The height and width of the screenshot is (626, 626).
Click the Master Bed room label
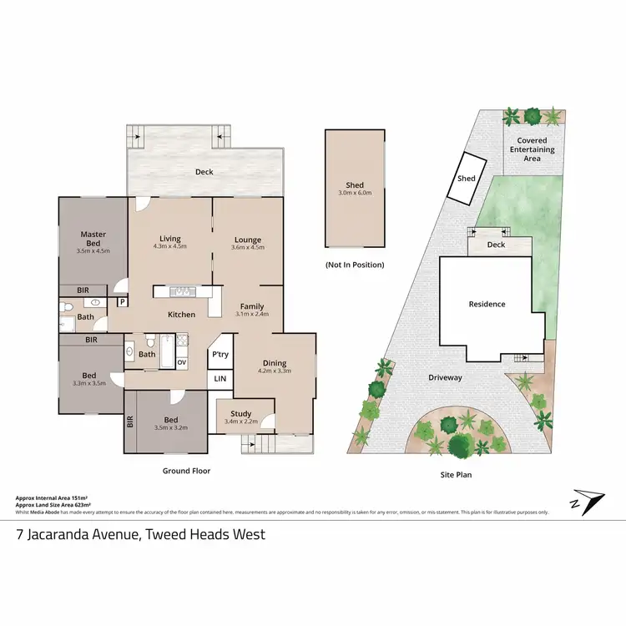93,239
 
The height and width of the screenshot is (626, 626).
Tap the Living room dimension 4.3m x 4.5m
170,246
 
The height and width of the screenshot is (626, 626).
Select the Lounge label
247,239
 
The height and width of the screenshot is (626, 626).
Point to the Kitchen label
181,315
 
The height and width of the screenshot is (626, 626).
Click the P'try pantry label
220,354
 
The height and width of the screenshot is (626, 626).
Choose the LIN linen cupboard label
220,379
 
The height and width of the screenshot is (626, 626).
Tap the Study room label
241,413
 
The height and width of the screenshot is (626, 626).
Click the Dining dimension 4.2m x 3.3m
274,371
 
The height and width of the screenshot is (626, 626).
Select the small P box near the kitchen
122,302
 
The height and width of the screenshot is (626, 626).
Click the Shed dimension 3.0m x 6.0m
355,193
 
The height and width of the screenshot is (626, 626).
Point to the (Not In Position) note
355,265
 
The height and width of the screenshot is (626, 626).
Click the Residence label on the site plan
487,304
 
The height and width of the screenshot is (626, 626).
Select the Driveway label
445,377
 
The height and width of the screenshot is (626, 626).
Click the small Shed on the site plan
466,178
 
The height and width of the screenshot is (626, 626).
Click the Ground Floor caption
186,471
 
